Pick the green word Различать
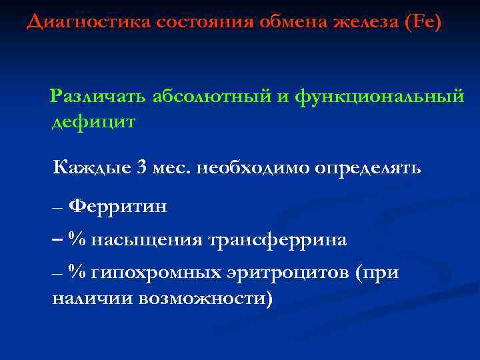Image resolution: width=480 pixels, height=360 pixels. [100, 97]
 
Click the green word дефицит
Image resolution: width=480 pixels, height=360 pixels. [94, 122]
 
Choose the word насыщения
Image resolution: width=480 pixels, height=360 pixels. [147, 239]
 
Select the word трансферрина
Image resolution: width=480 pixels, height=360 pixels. [277, 239]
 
